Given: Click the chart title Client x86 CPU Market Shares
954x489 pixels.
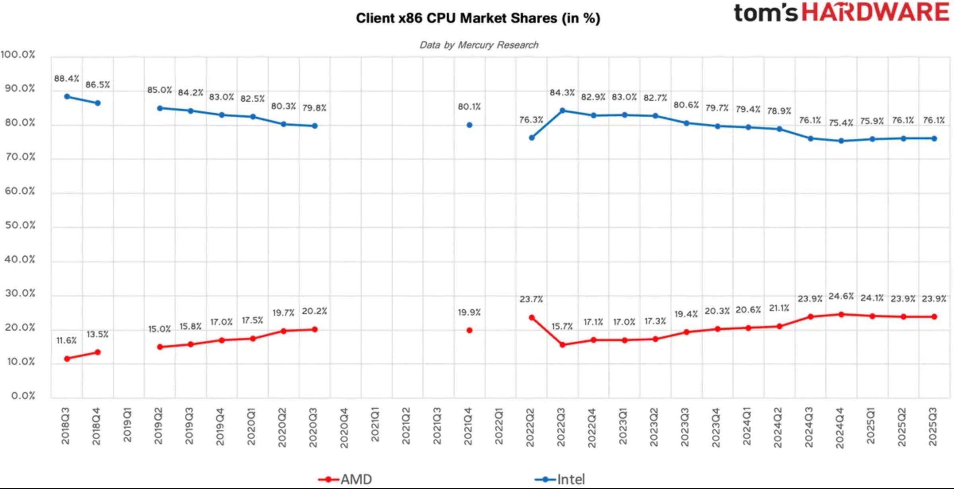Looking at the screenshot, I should [478, 18].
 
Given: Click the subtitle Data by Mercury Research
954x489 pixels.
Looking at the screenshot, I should [479, 45].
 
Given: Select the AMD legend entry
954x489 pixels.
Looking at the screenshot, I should [346, 479].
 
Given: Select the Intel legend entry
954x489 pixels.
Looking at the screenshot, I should [560, 479].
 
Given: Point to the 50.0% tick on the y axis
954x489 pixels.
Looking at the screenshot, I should [20, 225].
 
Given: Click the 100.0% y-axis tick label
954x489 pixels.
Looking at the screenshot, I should [18, 54].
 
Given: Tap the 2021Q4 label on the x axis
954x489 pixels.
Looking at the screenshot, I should [468, 426].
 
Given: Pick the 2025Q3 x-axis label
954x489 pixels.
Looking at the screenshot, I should [933, 426].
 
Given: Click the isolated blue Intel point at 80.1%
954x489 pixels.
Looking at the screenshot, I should [469, 125].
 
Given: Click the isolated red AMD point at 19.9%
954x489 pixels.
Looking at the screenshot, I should [469, 330].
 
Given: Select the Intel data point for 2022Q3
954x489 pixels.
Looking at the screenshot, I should [562, 111].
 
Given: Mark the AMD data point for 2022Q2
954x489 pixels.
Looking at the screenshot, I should [531, 317].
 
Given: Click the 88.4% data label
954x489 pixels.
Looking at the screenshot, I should [66, 78].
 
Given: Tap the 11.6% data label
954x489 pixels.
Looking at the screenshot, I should [66, 340].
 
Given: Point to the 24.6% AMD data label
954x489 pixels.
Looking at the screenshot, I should [841, 296].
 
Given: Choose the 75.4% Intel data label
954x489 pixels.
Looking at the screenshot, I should [841, 123].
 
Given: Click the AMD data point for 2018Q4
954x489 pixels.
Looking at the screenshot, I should [98, 352].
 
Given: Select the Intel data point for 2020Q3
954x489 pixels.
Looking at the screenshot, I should [315, 126].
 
